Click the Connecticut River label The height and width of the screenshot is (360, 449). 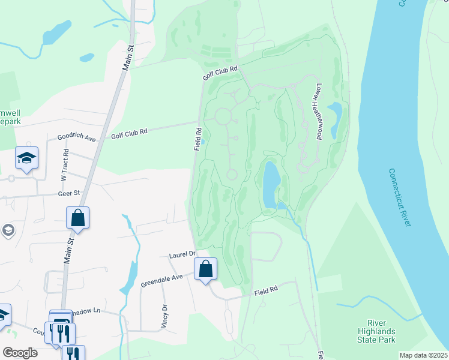point(400,197)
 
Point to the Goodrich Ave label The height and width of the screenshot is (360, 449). point(76,137)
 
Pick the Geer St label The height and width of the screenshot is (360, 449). point(68,193)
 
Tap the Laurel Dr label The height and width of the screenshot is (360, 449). point(183,254)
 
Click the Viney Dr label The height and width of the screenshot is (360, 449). point(164,316)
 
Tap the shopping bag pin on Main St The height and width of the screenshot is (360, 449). point(78,218)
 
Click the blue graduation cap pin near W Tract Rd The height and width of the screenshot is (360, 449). point(26,158)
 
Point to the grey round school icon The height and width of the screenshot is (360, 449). point(8,230)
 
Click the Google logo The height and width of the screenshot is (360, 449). point(19,353)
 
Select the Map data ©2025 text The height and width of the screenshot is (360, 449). point(423,355)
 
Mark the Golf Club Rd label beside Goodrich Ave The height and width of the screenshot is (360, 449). point(129,132)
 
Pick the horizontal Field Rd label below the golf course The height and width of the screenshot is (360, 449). point(266,290)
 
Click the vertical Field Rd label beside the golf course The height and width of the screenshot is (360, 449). point(197,139)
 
